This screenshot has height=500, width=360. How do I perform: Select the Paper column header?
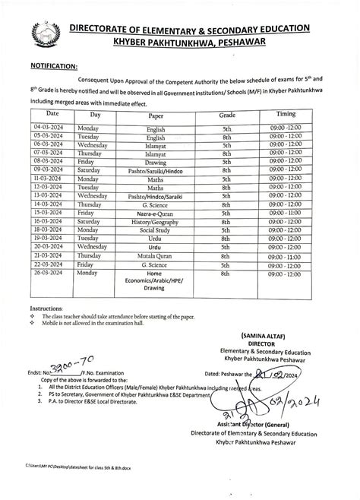point(154,115)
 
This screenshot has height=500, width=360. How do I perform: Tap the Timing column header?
point(292,113)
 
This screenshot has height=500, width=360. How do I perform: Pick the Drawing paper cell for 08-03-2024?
point(154,162)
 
